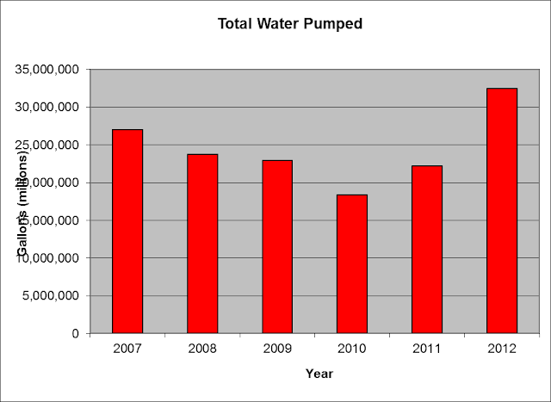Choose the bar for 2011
427,249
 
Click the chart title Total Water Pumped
289,24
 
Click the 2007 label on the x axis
127,349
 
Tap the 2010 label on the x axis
352,349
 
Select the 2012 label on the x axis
502,349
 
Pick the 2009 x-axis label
277,349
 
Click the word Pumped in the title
331,24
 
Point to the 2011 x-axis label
427,349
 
